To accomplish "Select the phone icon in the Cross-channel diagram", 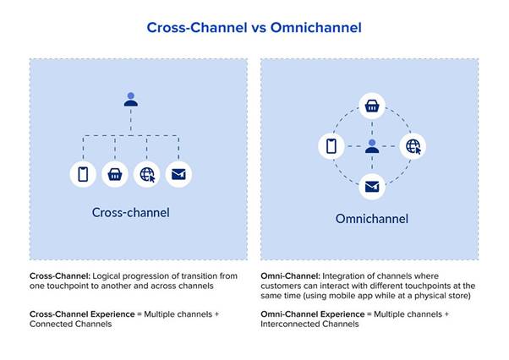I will [83, 174].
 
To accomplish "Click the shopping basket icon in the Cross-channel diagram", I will [114, 174].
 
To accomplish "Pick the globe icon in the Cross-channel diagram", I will [147, 174].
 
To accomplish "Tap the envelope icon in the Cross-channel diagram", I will [178, 174].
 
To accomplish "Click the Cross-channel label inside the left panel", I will [130, 212].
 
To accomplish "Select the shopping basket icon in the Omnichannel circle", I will [371, 106].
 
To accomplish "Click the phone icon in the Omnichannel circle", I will [331, 146].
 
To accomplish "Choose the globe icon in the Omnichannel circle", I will [412, 146].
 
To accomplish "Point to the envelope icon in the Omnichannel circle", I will [371, 186].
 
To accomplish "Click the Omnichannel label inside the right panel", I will [371, 219].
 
